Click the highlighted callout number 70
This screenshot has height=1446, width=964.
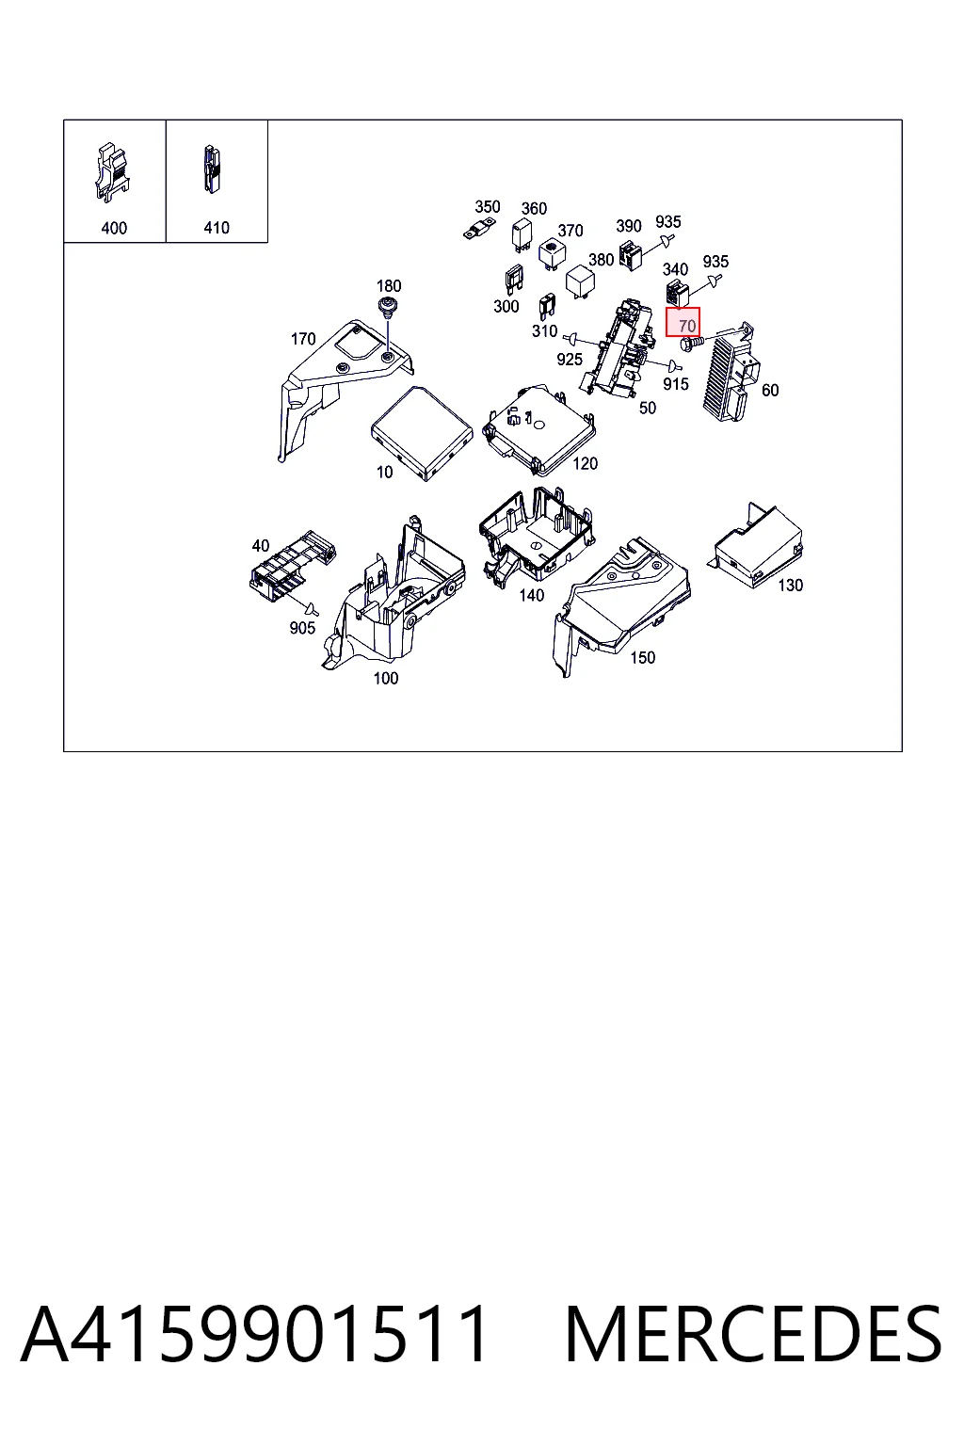pyautogui.click(x=687, y=326)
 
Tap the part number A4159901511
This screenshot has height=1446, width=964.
pyautogui.click(x=254, y=1334)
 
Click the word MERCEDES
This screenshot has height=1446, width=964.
pyautogui.click(x=753, y=1334)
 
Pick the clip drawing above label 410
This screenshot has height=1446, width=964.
pyautogui.click(x=212, y=169)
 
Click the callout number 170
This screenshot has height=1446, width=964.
pyautogui.click(x=303, y=339)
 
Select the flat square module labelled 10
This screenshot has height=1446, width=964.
pyautogui.click(x=422, y=432)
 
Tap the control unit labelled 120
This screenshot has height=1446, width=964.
pyautogui.click(x=539, y=429)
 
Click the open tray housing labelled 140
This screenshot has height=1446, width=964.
pyautogui.click(x=536, y=535)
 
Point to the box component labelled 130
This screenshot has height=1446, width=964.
pyautogui.click(x=757, y=546)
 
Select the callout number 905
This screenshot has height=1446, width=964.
pyautogui.click(x=302, y=628)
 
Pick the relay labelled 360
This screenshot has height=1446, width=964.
pyautogui.click(x=522, y=235)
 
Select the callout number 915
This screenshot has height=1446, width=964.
pyautogui.click(x=675, y=384)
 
